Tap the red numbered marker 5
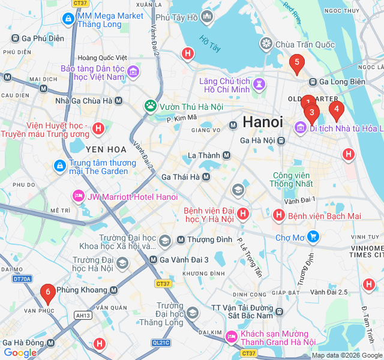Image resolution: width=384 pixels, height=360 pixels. pyautogui.click(x=296, y=63)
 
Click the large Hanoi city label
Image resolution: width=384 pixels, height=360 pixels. pyautogui.click(x=263, y=122)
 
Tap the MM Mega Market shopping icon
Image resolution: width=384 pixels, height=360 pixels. pyautogui.click(x=68, y=20)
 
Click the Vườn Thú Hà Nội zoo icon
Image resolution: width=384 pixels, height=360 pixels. pyautogui.click(x=150, y=106)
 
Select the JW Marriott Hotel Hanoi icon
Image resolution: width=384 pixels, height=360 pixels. pyautogui.click(x=78, y=197)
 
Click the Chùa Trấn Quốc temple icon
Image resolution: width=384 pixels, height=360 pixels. pyautogui.click(x=266, y=44)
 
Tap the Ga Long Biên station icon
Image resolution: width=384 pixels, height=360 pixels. pyautogui.click(x=312, y=82)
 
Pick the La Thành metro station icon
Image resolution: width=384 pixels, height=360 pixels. pyautogui.click(x=226, y=155)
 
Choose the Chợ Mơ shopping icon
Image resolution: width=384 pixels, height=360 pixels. pyautogui.click(x=313, y=238)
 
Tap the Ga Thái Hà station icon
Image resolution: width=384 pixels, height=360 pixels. pyautogui.click(x=206, y=177)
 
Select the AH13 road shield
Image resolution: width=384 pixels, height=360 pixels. pyautogui.click(x=83, y=316)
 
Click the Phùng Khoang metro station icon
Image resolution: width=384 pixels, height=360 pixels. pyautogui.click(x=113, y=290)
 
